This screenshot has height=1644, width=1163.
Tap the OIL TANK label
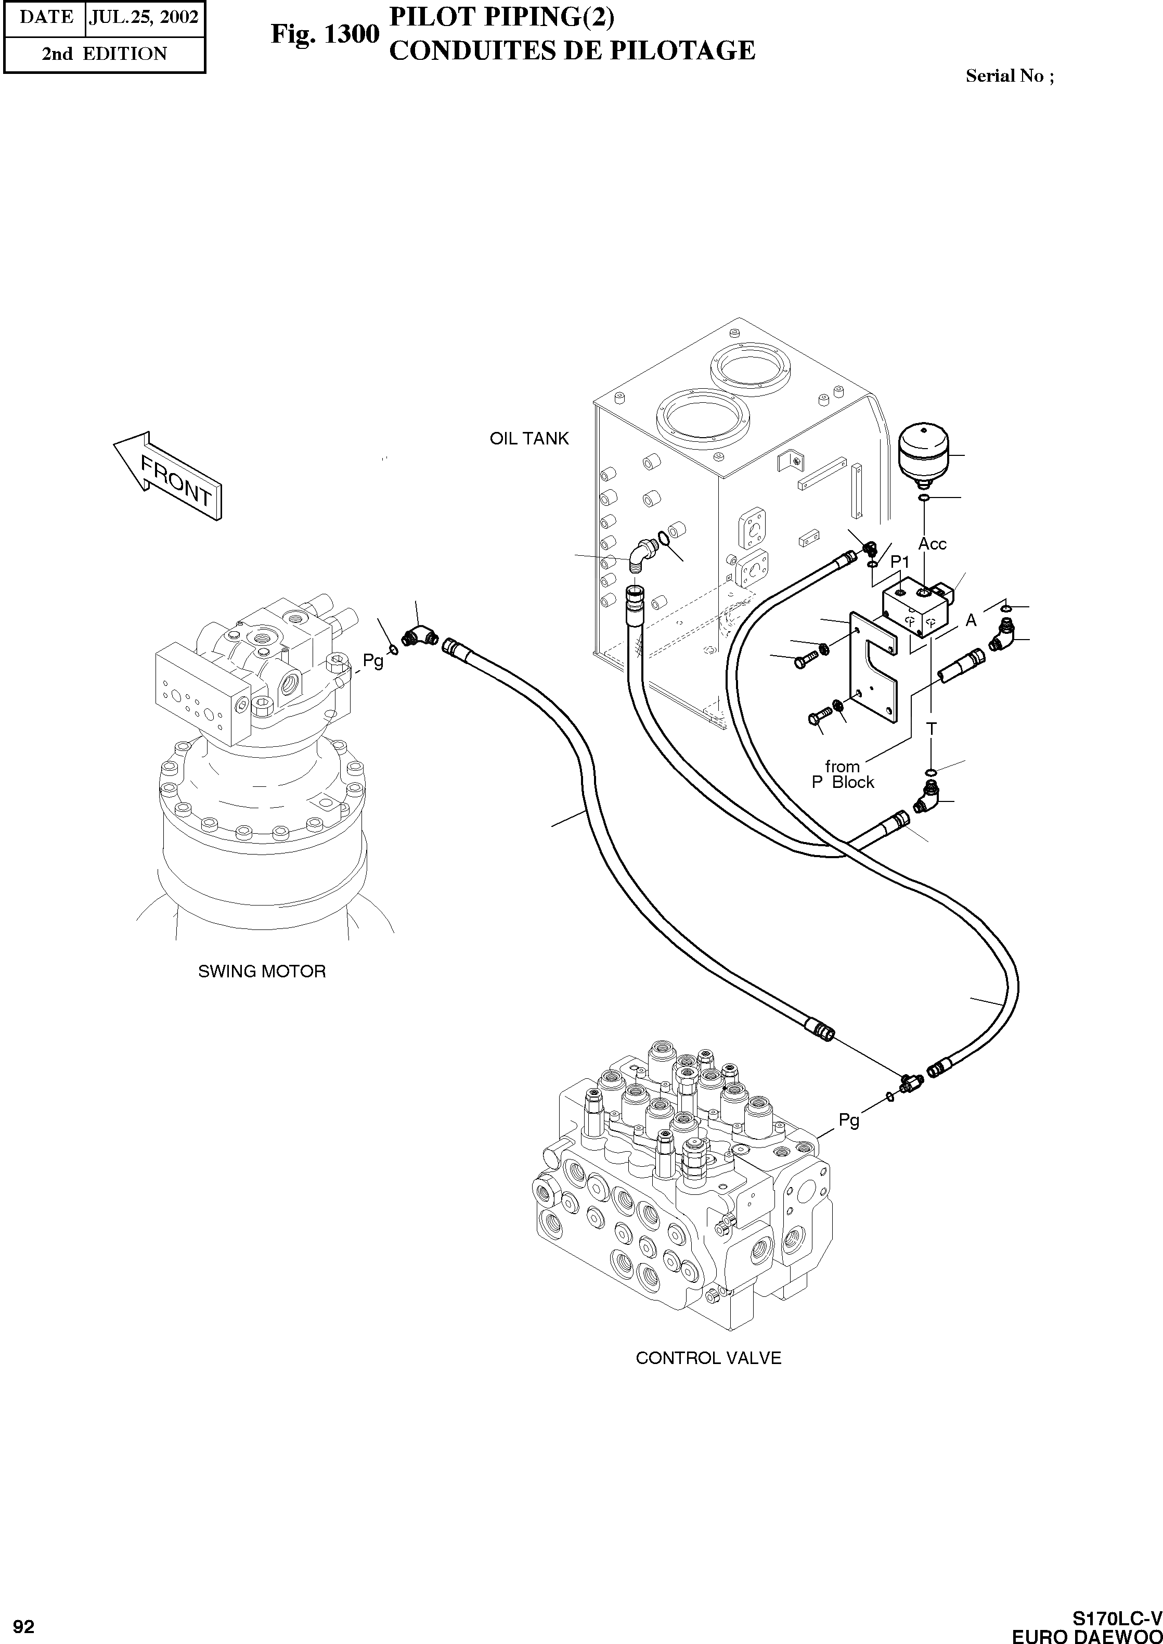(528, 438)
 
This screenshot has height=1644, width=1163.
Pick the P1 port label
(899, 563)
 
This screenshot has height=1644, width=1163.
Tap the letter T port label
(931, 729)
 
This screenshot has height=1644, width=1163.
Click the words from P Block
(843, 774)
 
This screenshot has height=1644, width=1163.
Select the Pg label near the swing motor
(372, 660)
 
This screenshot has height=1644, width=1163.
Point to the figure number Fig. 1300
(325, 34)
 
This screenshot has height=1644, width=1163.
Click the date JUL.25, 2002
(143, 17)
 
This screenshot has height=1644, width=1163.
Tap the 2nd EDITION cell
(104, 54)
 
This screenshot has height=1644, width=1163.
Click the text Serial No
(1009, 76)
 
